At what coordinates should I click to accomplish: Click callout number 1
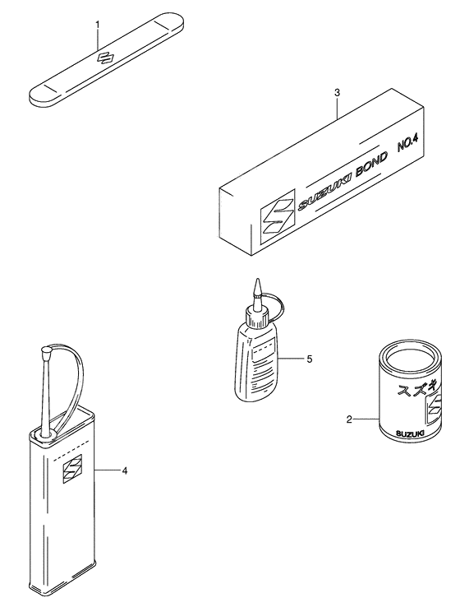coord(98,25)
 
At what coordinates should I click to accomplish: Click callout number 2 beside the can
coord(349,419)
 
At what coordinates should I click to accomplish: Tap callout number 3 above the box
coord(337,93)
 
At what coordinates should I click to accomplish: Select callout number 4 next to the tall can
coord(124,470)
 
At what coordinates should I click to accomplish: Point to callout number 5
coord(309,359)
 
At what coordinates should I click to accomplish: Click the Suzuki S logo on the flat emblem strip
coord(103,58)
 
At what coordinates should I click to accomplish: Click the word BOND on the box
coord(370,165)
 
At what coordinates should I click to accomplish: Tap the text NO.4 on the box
coord(408,142)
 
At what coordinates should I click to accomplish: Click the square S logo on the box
coord(278,217)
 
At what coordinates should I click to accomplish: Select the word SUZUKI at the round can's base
coord(411,434)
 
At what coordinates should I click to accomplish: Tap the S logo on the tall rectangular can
coord(73,469)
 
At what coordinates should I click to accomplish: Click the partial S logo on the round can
coord(433,410)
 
